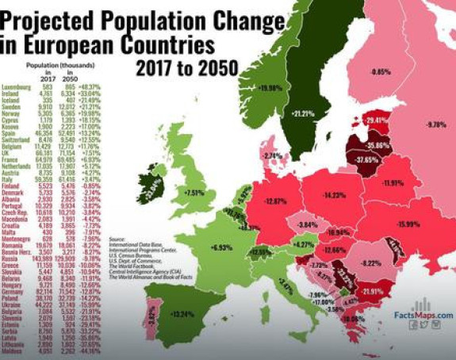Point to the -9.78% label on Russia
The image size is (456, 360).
[437, 125]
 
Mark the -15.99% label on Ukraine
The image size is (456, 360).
[412, 223]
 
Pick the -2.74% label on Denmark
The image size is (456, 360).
[271, 155]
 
